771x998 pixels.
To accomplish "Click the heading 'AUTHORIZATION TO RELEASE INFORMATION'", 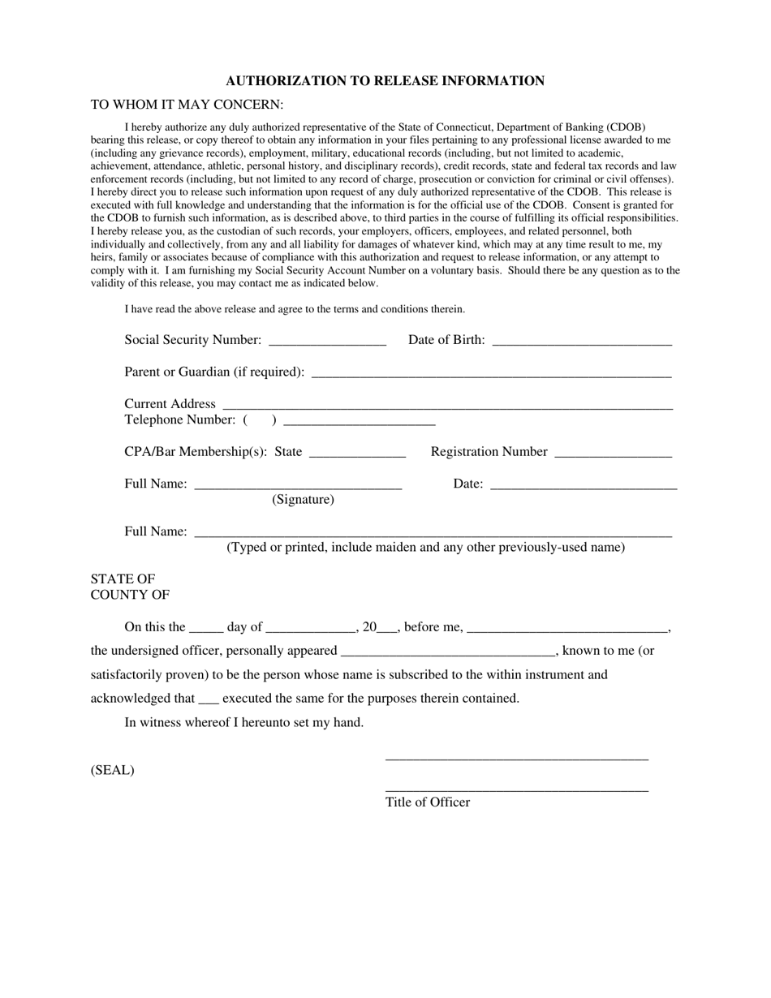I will (x=385, y=80).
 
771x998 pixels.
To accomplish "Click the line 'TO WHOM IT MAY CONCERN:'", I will (x=187, y=105).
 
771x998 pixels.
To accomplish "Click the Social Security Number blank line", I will (x=326, y=341).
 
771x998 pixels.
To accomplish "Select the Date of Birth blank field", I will (x=582, y=341).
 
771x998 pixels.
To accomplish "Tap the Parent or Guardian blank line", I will (x=491, y=372).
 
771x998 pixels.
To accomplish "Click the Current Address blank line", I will (x=447, y=405).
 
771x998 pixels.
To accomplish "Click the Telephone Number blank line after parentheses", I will (x=360, y=421).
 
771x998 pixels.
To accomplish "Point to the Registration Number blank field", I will (x=613, y=453).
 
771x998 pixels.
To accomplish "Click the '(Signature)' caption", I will (x=303, y=500).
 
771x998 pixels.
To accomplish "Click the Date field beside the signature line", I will (x=584, y=485).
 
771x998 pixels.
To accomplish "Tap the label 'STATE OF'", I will (x=123, y=579).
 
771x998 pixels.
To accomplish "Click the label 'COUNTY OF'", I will (x=130, y=595).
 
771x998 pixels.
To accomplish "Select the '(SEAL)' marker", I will (x=113, y=771).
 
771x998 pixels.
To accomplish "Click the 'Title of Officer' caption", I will (x=428, y=802).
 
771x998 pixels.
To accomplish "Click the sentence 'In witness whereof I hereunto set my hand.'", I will (x=243, y=722).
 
